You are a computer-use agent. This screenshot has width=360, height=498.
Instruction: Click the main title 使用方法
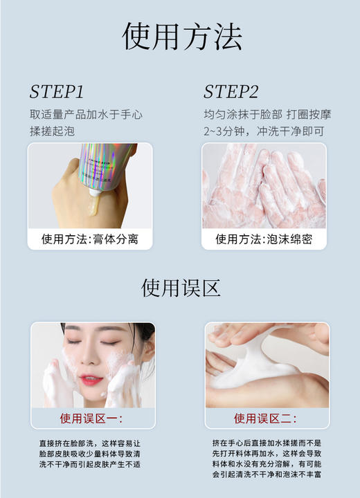click(x=181, y=35)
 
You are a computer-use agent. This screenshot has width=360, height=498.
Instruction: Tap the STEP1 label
click(x=56, y=92)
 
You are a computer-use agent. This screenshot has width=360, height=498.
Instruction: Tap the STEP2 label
click(x=231, y=92)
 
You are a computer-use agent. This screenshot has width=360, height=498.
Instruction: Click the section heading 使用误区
click(x=181, y=287)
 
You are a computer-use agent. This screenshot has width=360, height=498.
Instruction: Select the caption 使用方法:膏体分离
click(x=90, y=239)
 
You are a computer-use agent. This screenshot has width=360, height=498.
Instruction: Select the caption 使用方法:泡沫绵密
click(x=264, y=239)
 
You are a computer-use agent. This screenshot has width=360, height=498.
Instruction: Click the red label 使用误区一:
click(x=91, y=418)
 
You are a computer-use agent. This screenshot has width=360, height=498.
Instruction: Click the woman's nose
click(x=91, y=360)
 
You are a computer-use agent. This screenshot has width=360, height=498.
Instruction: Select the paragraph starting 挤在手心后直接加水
click(x=267, y=458)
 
